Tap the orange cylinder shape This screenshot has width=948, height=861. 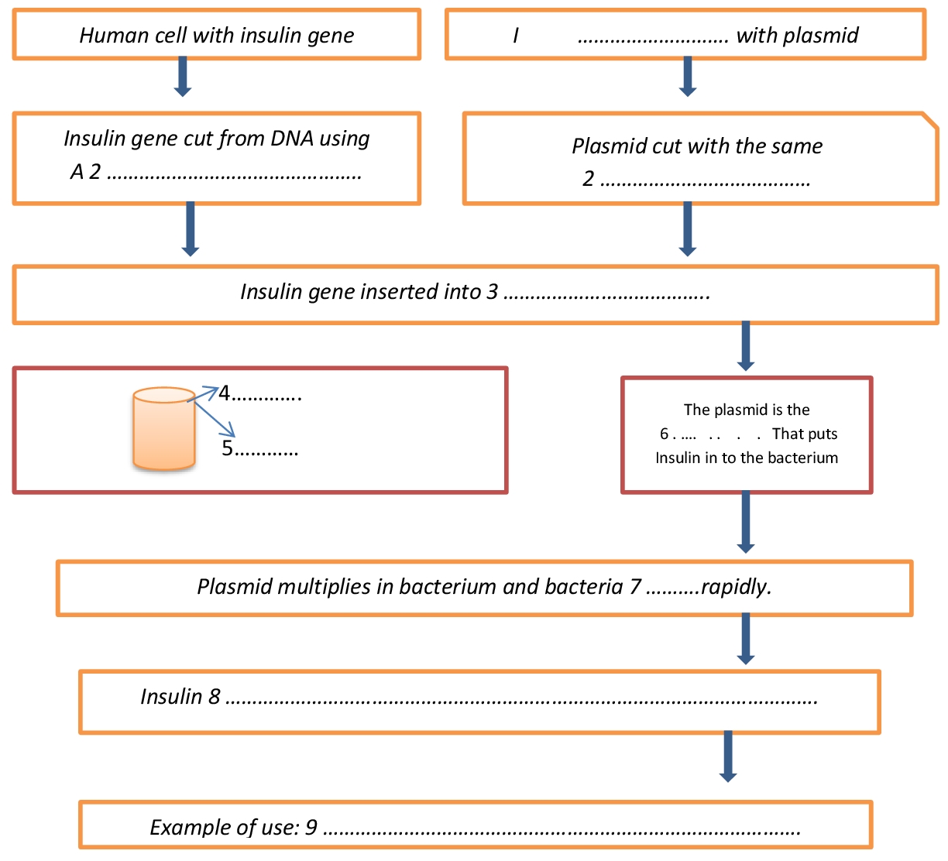pos(163,428)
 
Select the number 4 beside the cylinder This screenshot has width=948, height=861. pos(225,394)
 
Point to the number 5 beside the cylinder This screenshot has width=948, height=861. pos(228,449)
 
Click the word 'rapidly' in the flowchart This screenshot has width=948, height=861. pos(736,587)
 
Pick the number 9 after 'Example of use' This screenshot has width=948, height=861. pos(311,828)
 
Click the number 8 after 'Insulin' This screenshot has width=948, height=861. pos(215,697)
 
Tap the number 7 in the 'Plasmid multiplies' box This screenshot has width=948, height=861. pos(635,587)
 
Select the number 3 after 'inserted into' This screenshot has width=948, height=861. pos(493,292)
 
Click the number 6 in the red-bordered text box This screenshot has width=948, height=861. pos(664,434)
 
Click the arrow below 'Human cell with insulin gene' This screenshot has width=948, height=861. pos(183,76)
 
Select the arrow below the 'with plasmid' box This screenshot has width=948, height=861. pos(687,76)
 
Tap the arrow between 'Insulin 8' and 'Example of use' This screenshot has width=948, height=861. pos(727,756)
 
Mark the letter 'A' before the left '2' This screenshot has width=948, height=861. pos(77,172)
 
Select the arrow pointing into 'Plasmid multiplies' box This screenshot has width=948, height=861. pos(745,522)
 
